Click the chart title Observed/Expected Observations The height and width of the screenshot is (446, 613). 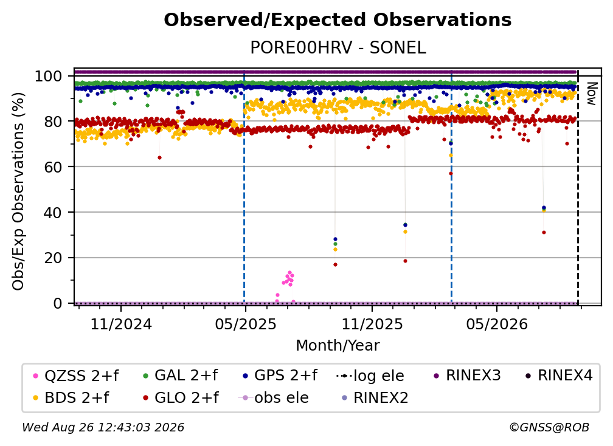pyautogui.click(x=338, y=20)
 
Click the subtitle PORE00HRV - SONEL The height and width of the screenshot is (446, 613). pyautogui.click(x=338, y=47)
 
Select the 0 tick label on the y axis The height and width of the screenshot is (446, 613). pyautogui.click(x=58, y=303)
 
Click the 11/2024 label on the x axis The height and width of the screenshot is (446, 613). pyautogui.click(x=121, y=324)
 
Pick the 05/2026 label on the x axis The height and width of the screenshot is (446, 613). pyautogui.click(x=497, y=324)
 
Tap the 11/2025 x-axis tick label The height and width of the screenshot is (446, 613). pyautogui.click(x=372, y=324)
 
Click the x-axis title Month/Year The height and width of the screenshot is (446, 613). pyautogui.click(x=338, y=345)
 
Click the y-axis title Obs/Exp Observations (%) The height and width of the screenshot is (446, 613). pyautogui.click(x=18, y=191)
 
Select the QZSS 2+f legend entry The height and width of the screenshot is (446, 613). pyautogui.click(x=76, y=376)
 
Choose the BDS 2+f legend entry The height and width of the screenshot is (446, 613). pyautogui.click(x=71, y=398)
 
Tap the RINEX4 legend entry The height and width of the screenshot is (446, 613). pyautogui.click(x=559, y=376)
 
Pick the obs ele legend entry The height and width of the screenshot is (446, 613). pyautogui.click(x=274, y=398)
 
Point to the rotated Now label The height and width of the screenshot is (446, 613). pyautogui.click(x=592, y=94)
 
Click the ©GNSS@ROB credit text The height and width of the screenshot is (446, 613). pyautogui.click(x=549, y=427)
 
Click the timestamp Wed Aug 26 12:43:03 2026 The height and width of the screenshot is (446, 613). pyautogui.click(x=103, y=427)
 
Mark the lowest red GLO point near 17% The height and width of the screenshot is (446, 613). pyautogui.click(x=335, y=265)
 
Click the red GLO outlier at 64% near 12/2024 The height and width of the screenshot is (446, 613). pyautogui.click(x=159, y=158)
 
